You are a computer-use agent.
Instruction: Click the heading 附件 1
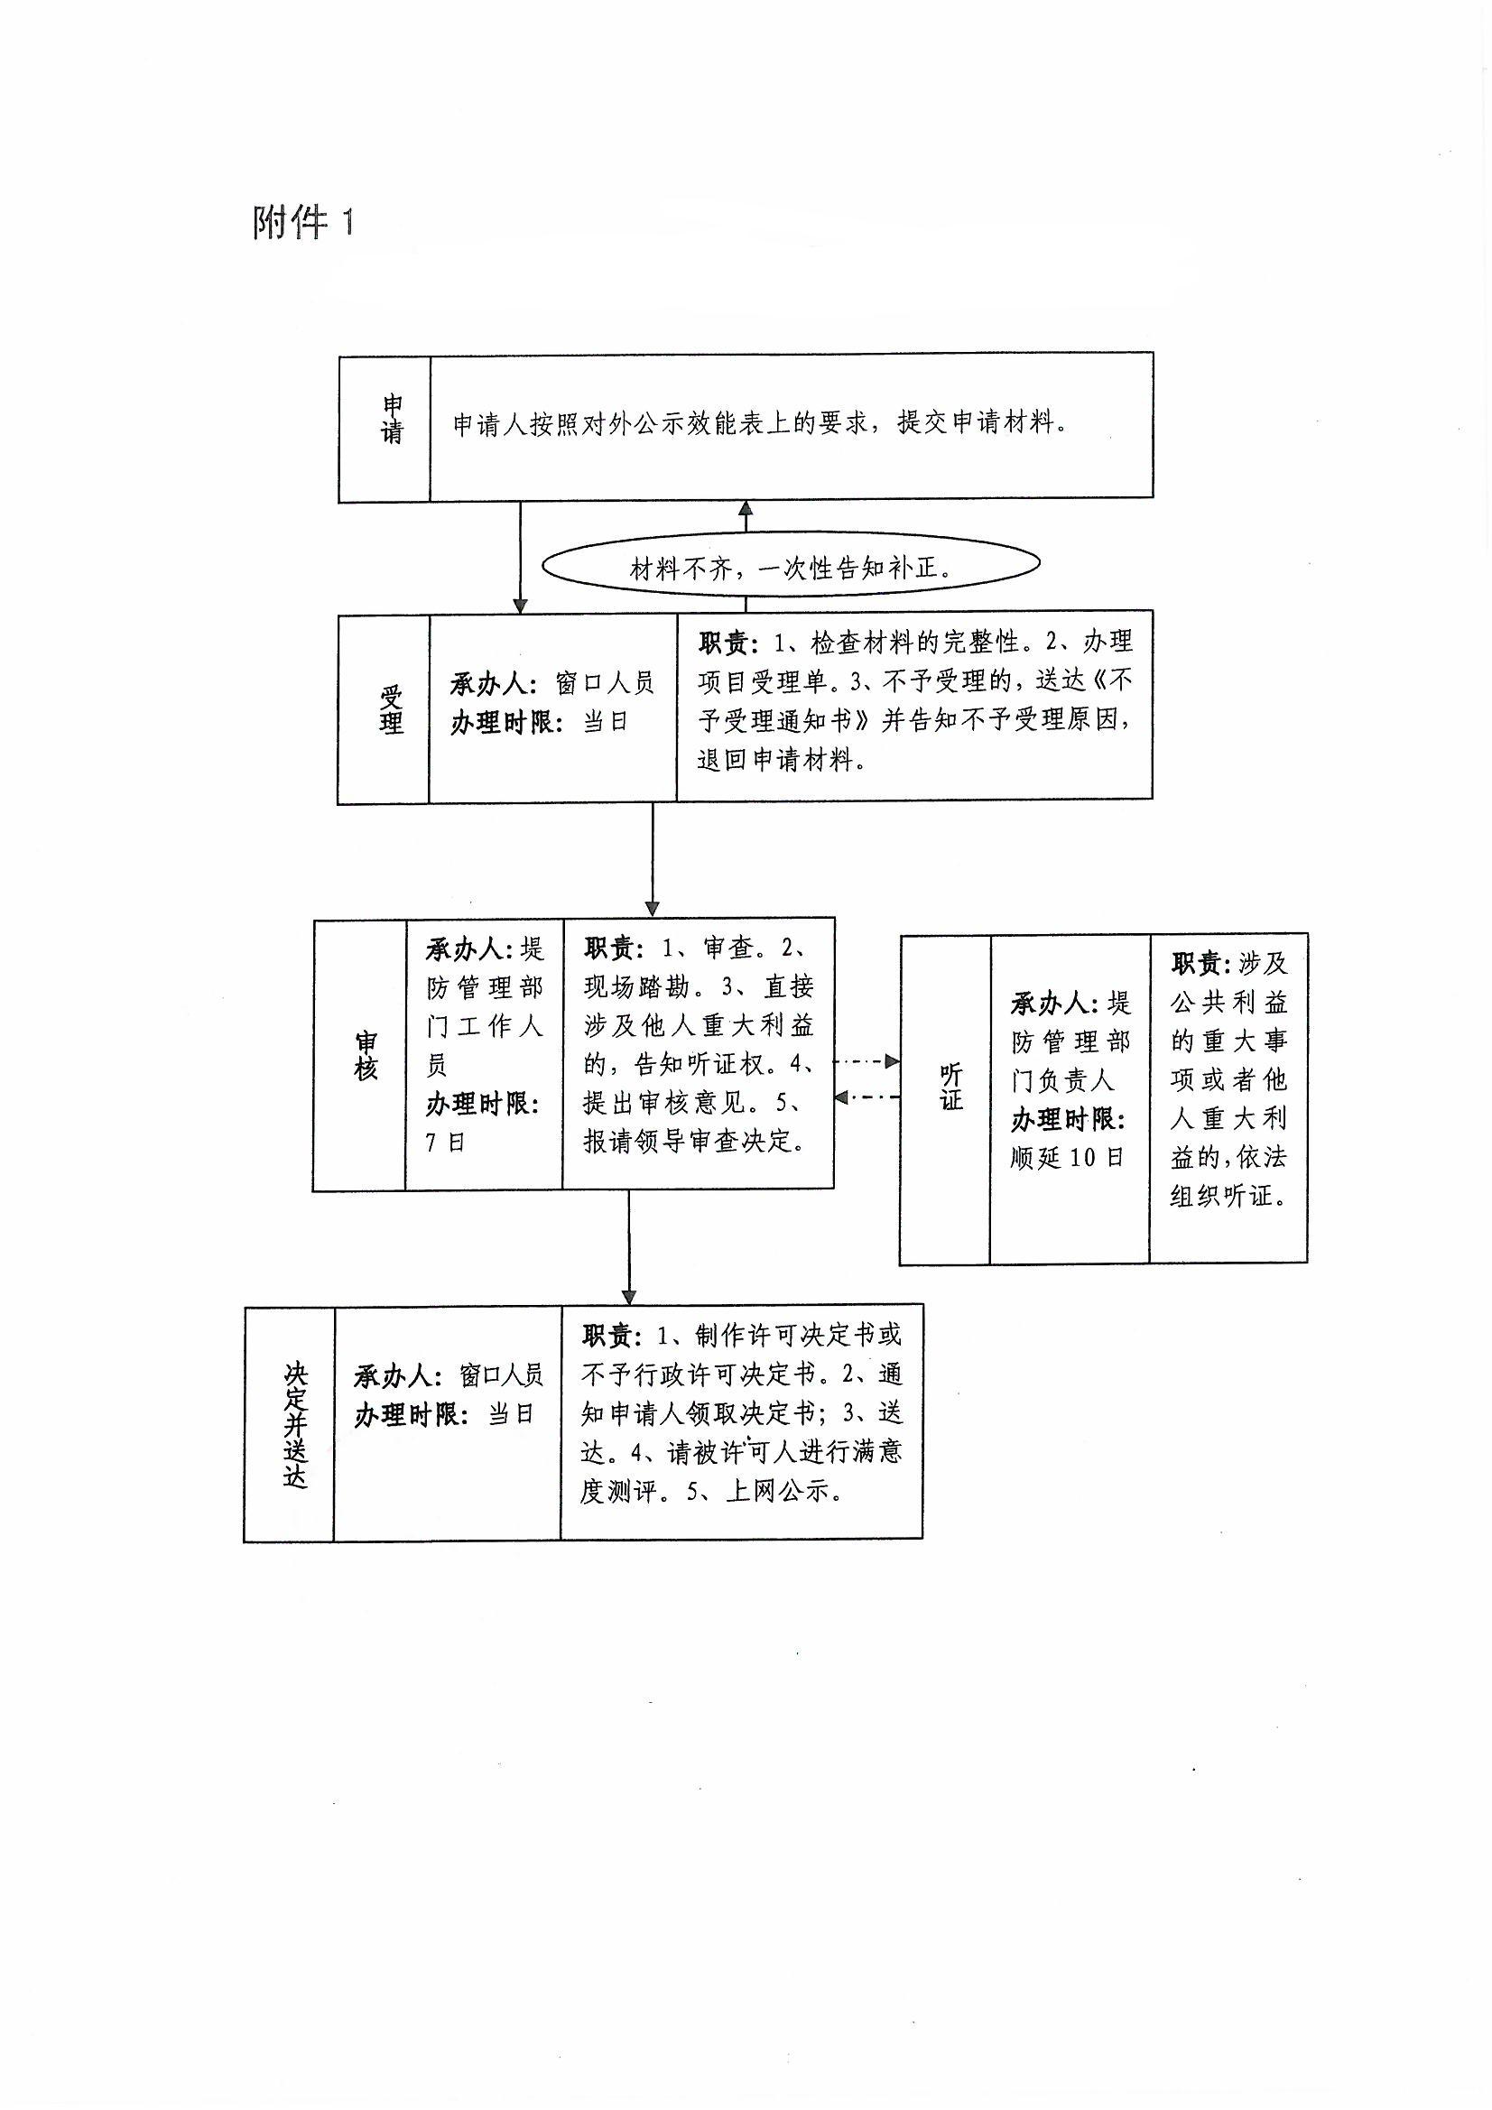click(x=302, y=222)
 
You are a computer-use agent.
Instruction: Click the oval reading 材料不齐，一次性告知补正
click(x=791, y=567)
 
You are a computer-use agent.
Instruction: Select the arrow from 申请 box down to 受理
click(x=520, y=557)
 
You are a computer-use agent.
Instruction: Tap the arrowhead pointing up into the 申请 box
click(x=746, y=508)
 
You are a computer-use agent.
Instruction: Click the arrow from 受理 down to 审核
click(x=653, y=859)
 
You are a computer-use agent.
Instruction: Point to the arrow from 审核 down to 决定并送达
click(x=629, y=1246)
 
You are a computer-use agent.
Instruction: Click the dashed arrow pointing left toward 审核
click(x=866, y=1097)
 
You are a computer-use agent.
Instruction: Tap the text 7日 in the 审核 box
click(x=446, y=1143)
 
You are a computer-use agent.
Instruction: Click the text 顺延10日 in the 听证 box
click(x=1067, y=1157)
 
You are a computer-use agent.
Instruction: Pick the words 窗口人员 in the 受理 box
click(x=605, y=684)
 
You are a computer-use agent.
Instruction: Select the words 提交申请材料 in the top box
click(x=975, y=423)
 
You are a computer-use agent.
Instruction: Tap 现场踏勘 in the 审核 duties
click(x=636, y=987)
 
